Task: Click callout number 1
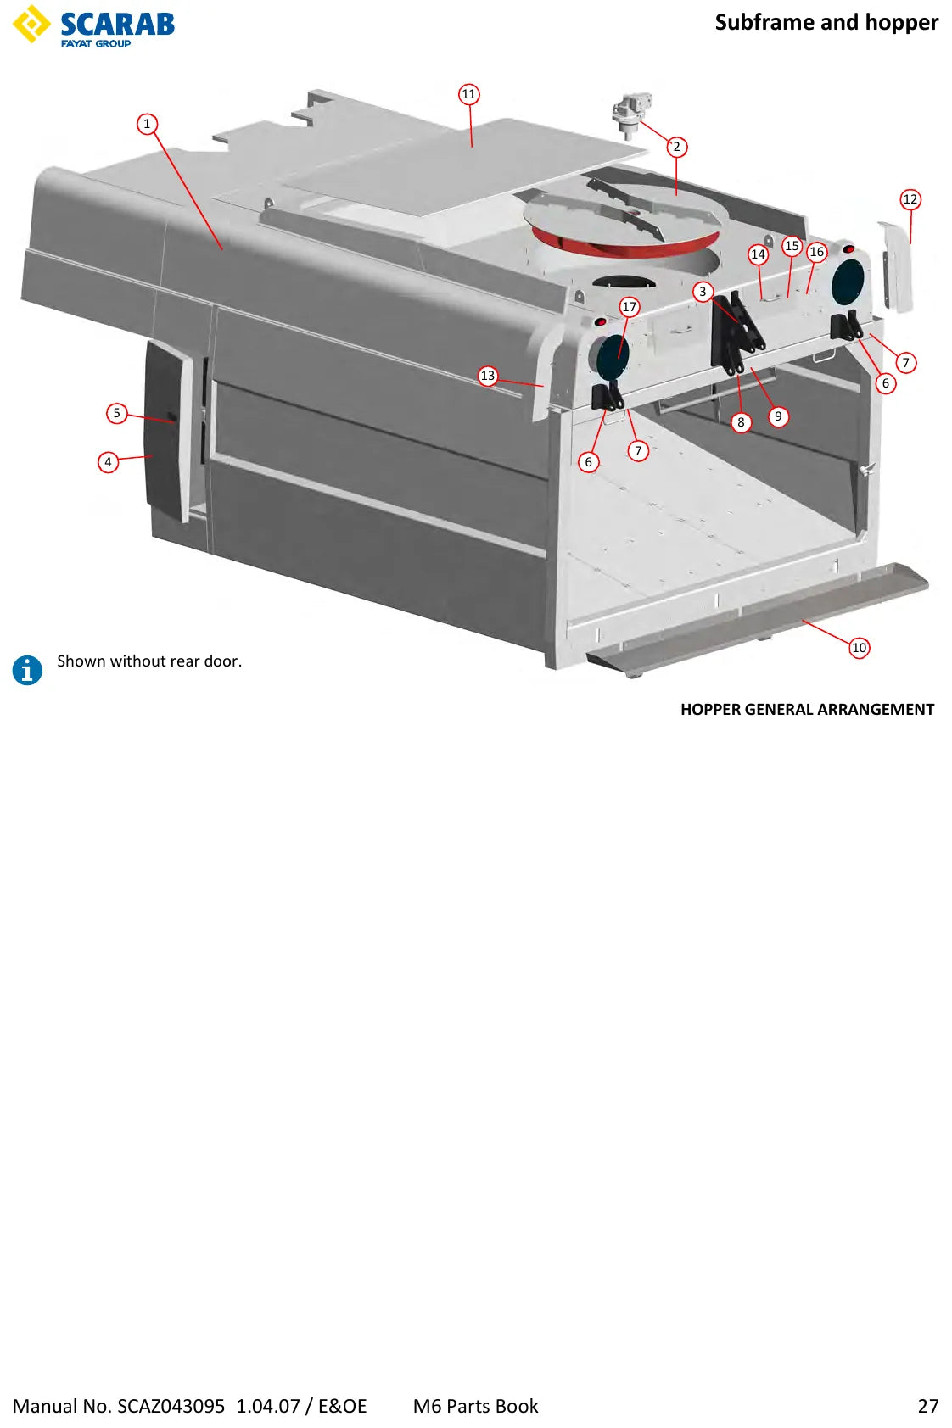tap(148, 124)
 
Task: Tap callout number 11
tap(469, 94)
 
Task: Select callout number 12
tap(910, 199)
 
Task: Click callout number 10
tap(860, 648)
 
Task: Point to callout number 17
tap(629, 307)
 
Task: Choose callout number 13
tap(488, 376)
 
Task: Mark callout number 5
tap(117, 413)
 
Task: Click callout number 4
tap(108, 462)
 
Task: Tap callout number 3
tap(703, 292)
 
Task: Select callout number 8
tap(741, 422)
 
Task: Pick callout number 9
tap(778, 417)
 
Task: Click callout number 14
tap(758, 255)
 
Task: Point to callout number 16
tap(817, 252)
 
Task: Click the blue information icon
tap(27, 670)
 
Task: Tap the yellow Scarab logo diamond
tap(31, 25)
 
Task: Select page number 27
tap(928, 1406)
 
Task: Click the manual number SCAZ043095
tap(171, 1406)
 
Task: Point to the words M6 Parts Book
tap(476, 1406)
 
